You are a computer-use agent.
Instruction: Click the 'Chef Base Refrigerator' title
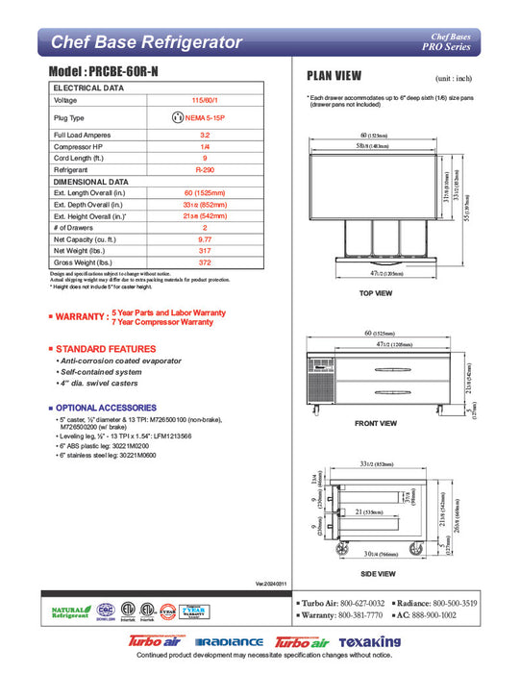tap(145, 41)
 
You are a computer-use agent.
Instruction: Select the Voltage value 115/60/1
tap(205, 100)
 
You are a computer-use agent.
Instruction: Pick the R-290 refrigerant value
tap(205, 168)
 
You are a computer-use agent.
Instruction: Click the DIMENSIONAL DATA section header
tap(90, 181)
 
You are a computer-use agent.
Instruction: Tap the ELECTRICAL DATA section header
tap(87, 87)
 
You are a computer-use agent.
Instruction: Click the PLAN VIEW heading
tap(334, 76)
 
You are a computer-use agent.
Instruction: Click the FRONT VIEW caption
tap(376, 423)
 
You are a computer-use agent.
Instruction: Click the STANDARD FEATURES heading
tap(106, 348)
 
